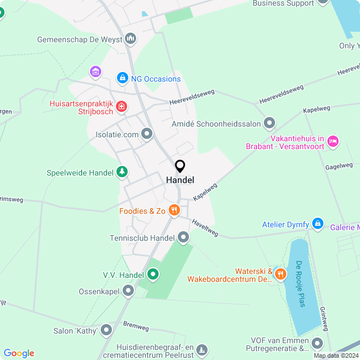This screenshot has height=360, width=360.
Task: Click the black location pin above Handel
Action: (x=180, y=166)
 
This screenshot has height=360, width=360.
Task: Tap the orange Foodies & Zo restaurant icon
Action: (x=174, y=211)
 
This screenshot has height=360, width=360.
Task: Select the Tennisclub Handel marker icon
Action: (x=183, y=238)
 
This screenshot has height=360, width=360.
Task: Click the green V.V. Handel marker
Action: (x=152, y=275)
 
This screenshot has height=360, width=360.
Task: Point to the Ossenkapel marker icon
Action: (x=128, y=291)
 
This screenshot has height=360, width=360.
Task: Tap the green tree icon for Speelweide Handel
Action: (x=122, y=172)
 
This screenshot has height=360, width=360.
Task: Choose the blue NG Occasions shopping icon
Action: (x=122, y=79)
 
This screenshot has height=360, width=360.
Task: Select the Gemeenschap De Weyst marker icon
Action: (x=131, y=39)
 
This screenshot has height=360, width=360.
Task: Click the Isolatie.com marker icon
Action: (x=147, y=134)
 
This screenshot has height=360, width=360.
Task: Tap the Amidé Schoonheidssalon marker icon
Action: (x=269, y=123)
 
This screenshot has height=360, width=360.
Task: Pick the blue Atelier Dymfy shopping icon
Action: (x=317, y=224)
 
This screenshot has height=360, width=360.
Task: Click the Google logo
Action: (x=19, y=353)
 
